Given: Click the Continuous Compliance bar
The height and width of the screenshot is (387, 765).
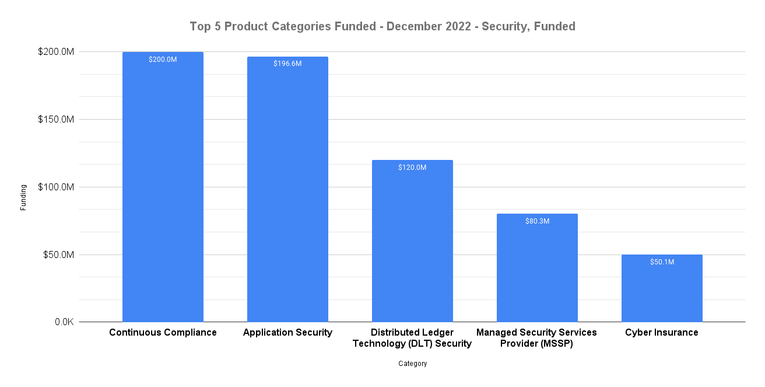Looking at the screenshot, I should click(x=163, y=187).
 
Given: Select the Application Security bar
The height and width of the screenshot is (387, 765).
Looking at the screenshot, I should click(x=287, y=189).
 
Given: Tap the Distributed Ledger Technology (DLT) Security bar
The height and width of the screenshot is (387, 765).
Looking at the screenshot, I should click(x=412, y=240).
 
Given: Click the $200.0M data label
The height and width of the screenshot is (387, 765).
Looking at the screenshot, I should click(x=163, y=60).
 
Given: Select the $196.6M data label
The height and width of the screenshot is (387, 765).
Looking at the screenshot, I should click(x=287, y=64).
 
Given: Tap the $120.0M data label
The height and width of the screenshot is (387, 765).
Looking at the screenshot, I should click(x=412, y=168).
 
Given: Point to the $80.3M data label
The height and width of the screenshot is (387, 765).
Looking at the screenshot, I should click(x=537, y=221).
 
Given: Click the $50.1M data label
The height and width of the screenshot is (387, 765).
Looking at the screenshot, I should click(x=662, y=262).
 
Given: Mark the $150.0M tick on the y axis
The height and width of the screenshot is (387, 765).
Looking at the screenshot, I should click(x=56, y=120).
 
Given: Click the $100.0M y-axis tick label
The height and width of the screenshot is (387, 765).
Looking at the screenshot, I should click(x=56, y=187).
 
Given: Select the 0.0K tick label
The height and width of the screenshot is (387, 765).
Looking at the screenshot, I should click(x=61, y=322).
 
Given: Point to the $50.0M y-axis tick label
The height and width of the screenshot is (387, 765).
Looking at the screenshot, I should click(x=58, y=255).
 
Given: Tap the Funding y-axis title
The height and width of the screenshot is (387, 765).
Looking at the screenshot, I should click(x=23, y=197).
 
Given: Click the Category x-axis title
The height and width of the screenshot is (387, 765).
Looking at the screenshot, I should click(x=412, y=364).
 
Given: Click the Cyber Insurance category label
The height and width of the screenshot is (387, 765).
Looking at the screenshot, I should click(x=661, y=333).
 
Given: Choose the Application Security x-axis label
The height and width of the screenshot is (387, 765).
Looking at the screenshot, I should click(x=287, y=333).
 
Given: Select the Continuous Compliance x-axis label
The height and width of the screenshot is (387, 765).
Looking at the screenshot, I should click(x=163, y=333).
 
